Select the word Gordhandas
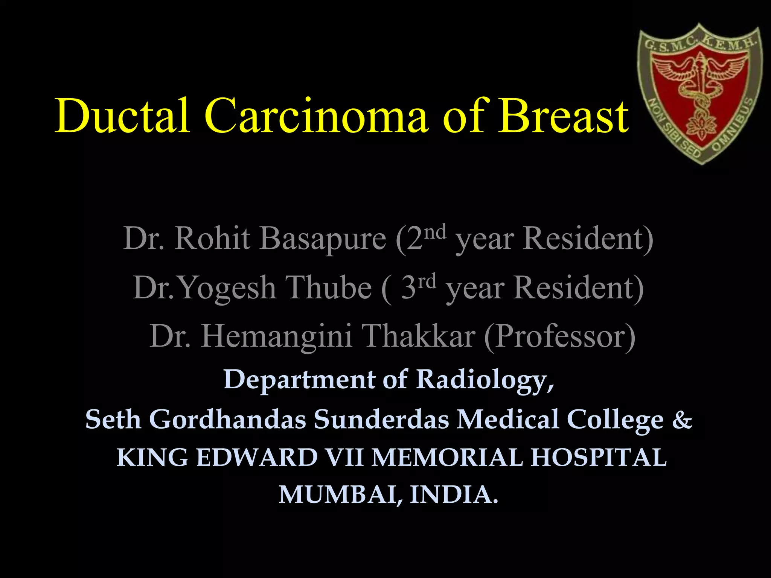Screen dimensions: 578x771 tap(227, 419)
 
